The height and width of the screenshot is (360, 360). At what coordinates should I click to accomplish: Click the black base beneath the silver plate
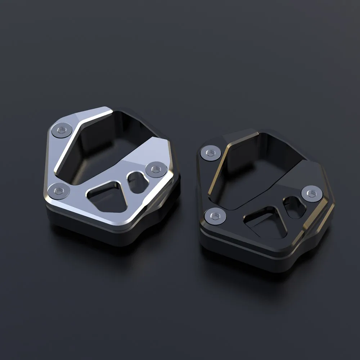[90, 234]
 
